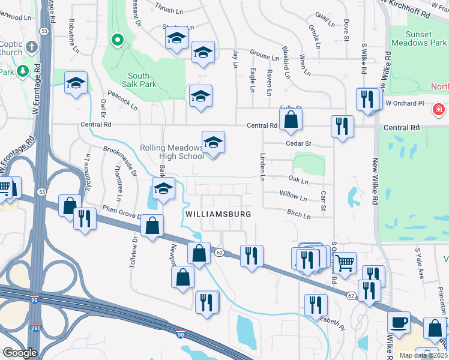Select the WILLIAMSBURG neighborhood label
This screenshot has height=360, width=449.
click(217, 214)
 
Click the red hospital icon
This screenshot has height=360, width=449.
click(439, 110)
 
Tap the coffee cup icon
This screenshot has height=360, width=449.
click(398, 323)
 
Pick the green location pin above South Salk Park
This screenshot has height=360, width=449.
click(118, 41)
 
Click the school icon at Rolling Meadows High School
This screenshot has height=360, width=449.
click(213, 142)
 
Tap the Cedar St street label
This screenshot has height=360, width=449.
click(299, 144)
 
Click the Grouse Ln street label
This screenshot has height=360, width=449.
click(264, 56)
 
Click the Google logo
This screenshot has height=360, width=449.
click(20, 353)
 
